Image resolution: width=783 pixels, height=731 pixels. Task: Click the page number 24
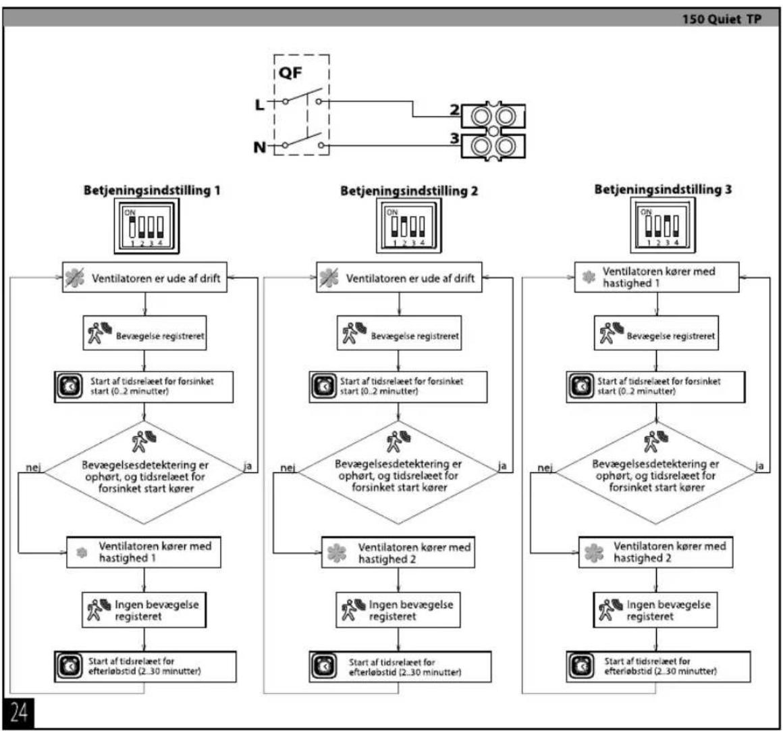18,713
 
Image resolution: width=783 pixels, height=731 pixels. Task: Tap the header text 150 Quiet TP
722,19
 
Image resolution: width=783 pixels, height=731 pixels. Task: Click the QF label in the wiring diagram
290,73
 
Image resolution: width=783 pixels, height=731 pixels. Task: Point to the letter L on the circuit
260,105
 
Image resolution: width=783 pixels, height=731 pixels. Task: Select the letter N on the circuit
260,147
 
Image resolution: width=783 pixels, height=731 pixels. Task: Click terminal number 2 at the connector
454,109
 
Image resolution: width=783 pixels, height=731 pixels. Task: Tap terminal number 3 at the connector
454,138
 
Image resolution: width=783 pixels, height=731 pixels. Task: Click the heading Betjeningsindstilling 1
152,191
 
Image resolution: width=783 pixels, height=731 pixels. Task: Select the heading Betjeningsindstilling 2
409,191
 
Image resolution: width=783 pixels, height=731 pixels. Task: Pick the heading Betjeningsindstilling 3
663,189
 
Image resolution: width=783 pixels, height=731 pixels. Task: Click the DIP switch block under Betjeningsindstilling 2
409,226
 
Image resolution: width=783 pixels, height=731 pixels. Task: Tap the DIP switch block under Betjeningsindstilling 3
663,225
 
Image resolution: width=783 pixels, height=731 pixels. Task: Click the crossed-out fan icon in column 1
75,278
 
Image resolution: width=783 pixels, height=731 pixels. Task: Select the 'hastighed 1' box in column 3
657,277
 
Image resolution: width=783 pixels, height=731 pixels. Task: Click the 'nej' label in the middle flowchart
288,468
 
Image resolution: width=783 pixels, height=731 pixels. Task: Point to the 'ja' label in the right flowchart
759,465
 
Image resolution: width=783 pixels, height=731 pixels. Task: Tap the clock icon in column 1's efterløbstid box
70,666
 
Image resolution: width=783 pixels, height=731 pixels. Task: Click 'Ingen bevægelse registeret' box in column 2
398,609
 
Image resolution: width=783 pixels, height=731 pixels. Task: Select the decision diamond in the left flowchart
144,472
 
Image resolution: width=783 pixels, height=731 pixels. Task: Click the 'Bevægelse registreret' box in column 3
656,333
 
